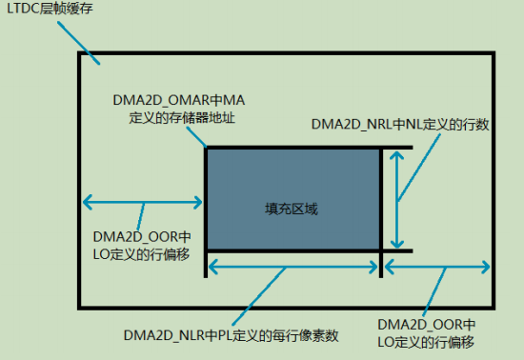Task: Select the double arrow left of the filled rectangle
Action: [143, 201]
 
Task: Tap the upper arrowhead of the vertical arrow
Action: [398, 155]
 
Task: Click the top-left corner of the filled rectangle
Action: [207, 148]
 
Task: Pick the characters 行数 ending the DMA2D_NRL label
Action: [475, 125]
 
